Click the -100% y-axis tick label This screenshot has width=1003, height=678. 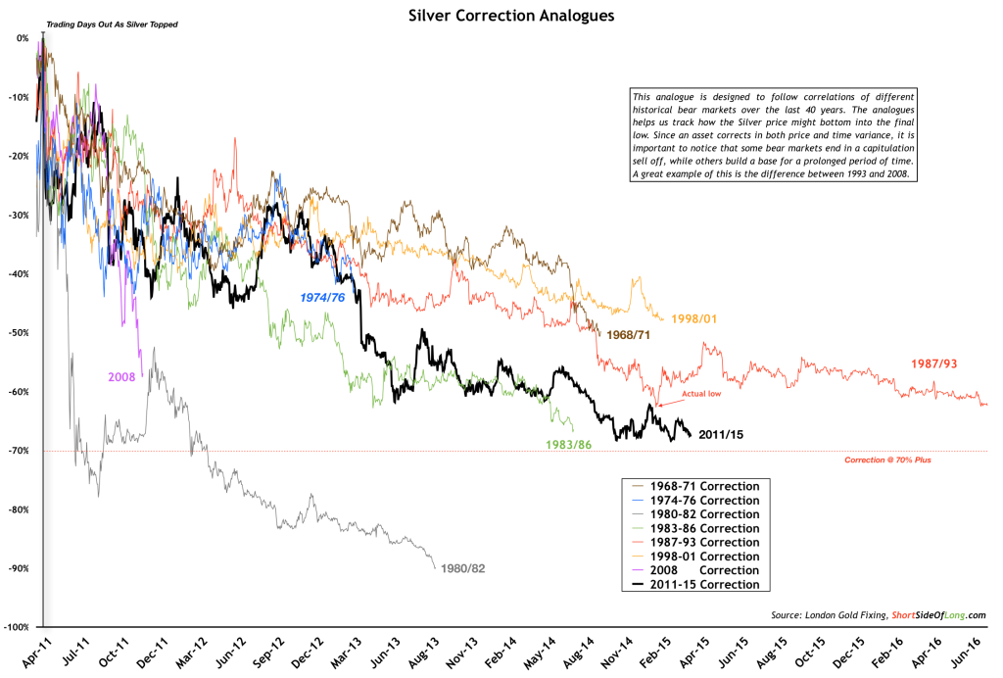pos(16,627)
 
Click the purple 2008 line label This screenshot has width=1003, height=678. pos(122,377)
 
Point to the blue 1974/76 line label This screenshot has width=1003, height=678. pos(322,295)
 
